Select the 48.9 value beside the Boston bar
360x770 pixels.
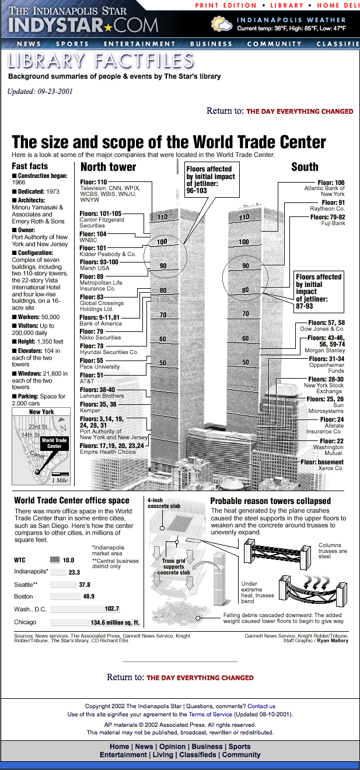click(x=89, y=597)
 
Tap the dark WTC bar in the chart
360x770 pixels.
click(x=55, y=559)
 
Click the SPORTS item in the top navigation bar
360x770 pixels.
click(x=72, y=44)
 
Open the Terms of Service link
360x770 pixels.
click(x=209, y=714)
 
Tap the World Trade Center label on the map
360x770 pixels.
click(x=54, y=443)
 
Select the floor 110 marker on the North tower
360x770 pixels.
click(x=163, y=218)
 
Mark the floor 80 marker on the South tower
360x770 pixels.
click(x=246, y=290)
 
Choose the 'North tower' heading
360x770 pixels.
click(x=108, y=167)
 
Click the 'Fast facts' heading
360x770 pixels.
click(x=30, y=166)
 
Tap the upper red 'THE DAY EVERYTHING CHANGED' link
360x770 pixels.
click(x=299, y=111)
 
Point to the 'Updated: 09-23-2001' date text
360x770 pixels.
click(x=40, y=92)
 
